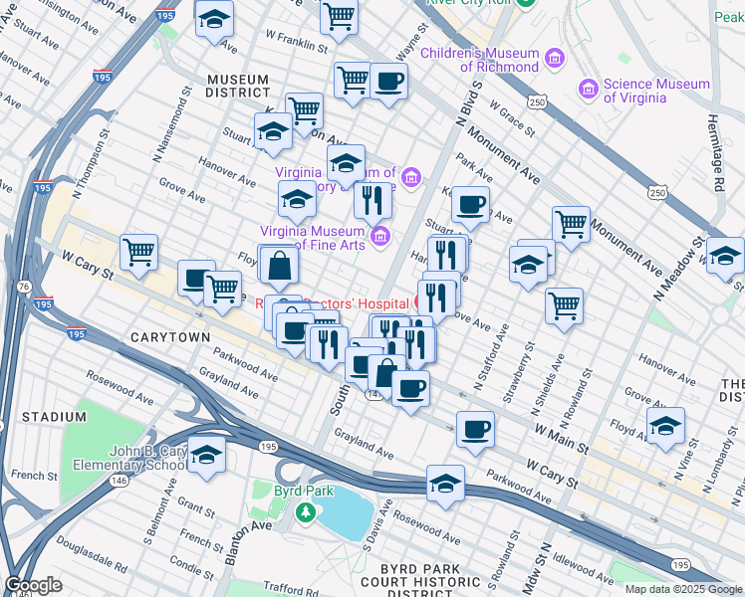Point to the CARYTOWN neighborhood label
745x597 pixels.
pos(170,337)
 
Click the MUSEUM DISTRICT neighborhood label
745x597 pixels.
pos(238,86)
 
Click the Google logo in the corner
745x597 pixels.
pos(33,585)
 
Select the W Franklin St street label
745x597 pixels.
pos(297,46)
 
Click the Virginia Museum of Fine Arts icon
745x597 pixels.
pos(378,237)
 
